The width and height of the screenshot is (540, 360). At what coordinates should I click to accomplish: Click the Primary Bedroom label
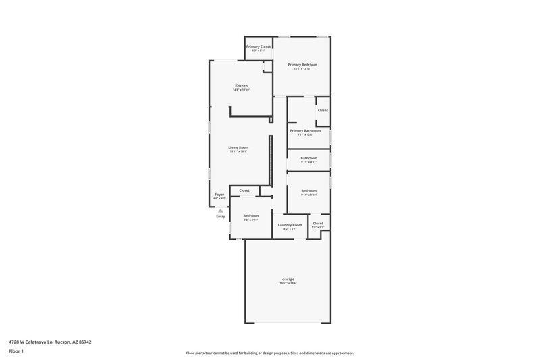coord(302,64)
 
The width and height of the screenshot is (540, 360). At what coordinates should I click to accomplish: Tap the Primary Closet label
coord(258,47)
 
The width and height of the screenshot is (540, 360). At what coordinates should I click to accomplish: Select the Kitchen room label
coord(241,86)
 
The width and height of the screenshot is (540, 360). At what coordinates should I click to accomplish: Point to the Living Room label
coord(238,147)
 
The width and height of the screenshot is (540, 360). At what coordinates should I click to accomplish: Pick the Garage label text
coord(288,279)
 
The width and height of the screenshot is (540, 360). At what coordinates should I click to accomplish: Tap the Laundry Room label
coord(290,224)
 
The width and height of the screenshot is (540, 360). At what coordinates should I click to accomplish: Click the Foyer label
coord(219,194)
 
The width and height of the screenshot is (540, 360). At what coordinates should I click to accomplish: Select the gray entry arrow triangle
coord(220,210)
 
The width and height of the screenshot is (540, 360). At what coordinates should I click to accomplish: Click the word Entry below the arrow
coord(221,217)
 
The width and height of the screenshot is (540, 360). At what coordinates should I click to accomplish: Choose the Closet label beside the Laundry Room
coord(318,223)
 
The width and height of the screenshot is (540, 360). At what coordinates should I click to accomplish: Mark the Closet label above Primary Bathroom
coord(323,110)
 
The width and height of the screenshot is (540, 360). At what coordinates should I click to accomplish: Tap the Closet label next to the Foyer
coord(244,190)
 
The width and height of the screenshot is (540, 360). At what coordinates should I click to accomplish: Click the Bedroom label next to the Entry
coord(251,215)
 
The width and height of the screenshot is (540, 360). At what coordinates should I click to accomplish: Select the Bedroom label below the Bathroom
coord(308,191)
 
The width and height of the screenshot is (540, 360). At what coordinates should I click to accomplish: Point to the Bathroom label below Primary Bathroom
coord(308,158)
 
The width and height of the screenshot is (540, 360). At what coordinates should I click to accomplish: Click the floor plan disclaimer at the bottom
coord(269,353)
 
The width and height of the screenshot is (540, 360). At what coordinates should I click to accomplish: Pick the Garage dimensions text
coord(288,284)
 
